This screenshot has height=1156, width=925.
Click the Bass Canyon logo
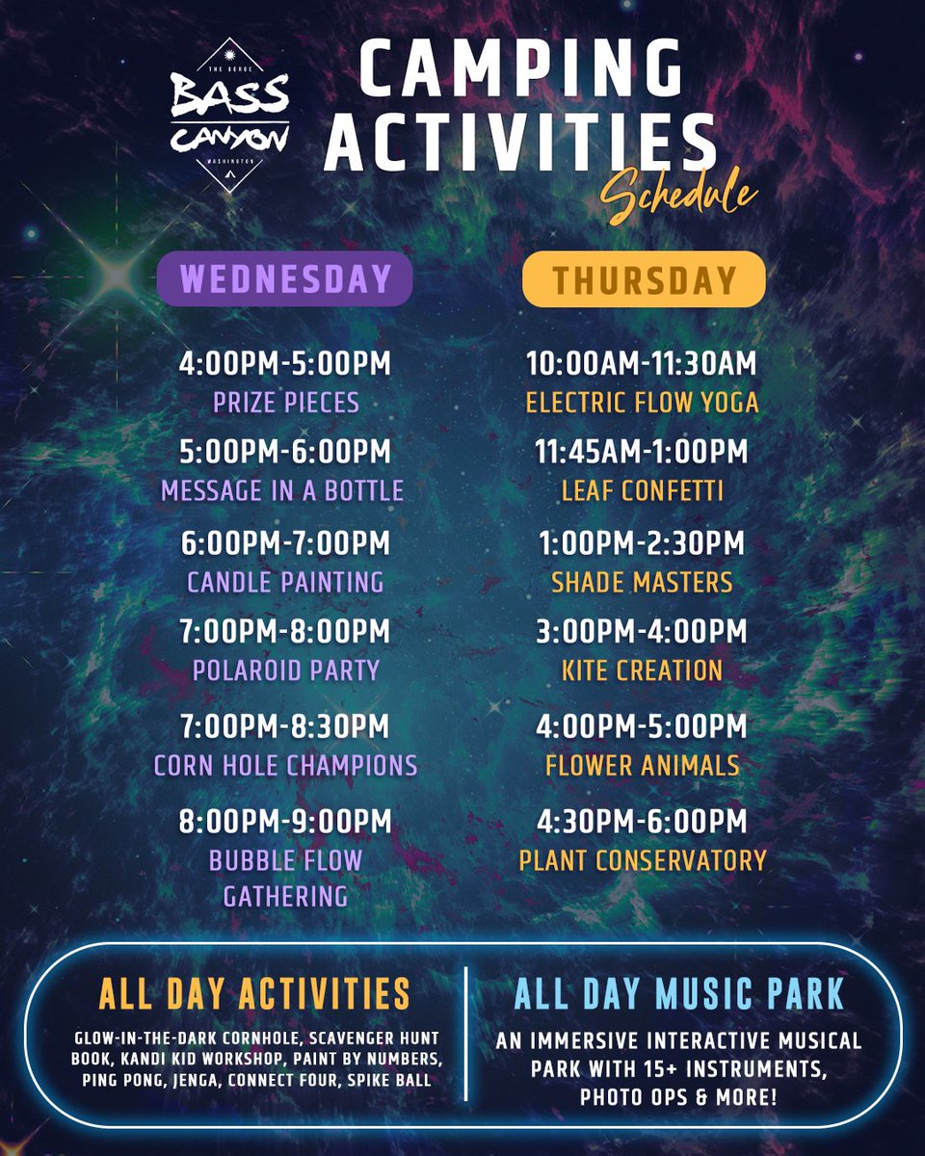coord(229,115)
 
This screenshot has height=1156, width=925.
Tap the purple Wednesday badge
coord(285,278)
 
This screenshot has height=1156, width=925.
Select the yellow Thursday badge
coord(644,279)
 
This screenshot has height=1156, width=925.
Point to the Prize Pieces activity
coord(286,403)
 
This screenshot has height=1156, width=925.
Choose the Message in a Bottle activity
coord(282,491)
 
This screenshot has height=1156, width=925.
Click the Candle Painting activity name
coord(285,582)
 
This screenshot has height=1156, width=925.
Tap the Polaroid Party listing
coord(286,670)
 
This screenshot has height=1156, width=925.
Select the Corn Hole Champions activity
coord(285,766)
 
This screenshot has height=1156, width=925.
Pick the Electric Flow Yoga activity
coord(643,403)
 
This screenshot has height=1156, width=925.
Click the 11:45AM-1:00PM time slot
coord(641,452)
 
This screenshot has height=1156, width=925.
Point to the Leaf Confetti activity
coord(643,491)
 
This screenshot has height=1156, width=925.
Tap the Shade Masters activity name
coord(643,582)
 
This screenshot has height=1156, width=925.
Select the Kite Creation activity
coord(643,670)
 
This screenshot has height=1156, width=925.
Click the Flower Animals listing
coord(643,766)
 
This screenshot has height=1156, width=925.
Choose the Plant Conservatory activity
coord(643,860)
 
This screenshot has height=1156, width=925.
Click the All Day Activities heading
coord(254,994)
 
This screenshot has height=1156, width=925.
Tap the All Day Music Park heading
coord(679,994)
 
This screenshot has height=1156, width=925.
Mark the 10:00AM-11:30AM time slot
coord(641,364)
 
